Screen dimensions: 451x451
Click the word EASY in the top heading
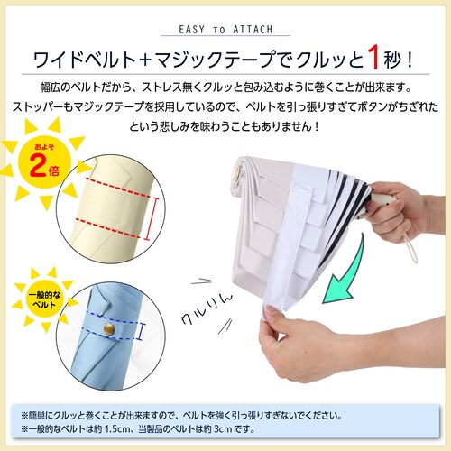(x=192, y=30)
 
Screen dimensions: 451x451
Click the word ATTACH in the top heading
(x=253, y=30)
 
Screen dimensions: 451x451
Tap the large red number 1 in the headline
(x=373, y=58)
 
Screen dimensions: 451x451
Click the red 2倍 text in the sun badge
(x=44, y=167)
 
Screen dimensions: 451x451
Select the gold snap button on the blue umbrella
(x=109, y=329)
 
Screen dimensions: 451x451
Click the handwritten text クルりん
(x=207, y=308)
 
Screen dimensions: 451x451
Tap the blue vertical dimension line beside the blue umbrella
(x=143, y=332)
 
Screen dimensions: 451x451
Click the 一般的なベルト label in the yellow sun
(x=44, y=299)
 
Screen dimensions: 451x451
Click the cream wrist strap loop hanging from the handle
(x=410, y=248)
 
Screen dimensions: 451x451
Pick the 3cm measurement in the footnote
(x=223, y=428)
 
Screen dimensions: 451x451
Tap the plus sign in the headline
(x=146, y=60)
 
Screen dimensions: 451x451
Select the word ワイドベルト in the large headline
(x=85, y=60)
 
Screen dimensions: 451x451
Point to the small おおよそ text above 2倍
(x=44, y=147)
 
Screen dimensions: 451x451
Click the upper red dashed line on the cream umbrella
(x=117, y=188)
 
